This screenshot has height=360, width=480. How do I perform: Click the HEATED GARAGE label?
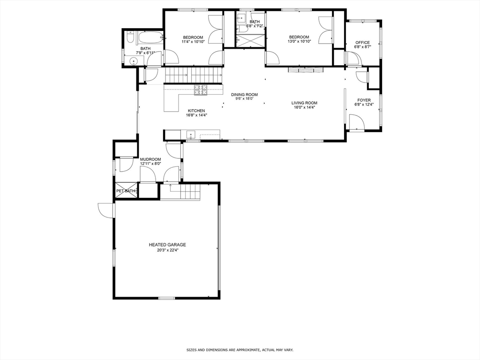pos(167,245)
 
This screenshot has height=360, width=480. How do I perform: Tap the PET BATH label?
pos(126,191)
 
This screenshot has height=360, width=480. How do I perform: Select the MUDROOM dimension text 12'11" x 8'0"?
pos(150,164)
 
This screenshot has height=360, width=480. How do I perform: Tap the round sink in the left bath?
pos(132,60)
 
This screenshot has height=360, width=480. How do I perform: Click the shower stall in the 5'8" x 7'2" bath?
pos(249,41)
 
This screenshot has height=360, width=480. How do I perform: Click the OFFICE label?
pos(362,43)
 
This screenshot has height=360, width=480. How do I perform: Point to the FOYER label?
pos(364,100)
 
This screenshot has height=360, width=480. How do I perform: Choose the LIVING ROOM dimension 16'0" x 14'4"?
pos(304,107)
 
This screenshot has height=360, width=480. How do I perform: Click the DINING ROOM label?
pos(244,94)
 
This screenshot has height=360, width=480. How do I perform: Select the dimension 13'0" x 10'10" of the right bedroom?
pos(299,41)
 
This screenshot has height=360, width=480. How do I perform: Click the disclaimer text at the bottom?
pos(240,350)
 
